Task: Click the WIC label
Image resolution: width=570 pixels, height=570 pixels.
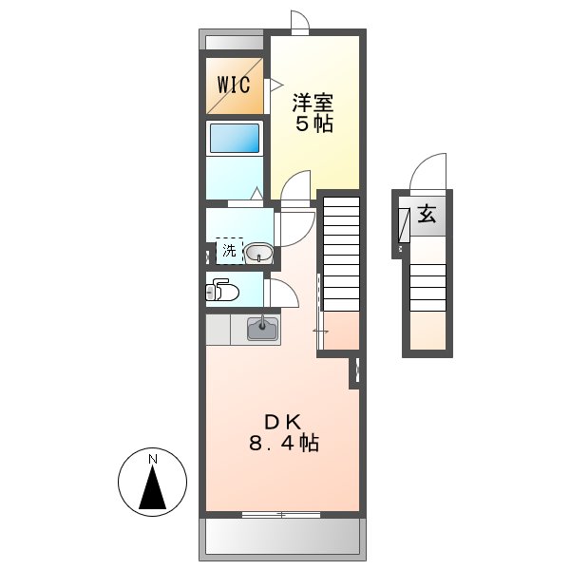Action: coord(234,85)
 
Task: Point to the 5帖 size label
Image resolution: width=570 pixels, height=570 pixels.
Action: coord(313,124)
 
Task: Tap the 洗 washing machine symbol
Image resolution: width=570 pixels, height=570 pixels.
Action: coord(229,251)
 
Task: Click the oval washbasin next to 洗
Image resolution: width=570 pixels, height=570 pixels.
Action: coord(258,253)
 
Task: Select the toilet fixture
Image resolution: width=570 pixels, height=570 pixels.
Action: coord(221,290)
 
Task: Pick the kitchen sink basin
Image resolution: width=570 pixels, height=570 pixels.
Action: coord(262,330)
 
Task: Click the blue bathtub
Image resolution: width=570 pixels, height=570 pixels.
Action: coord(234,139)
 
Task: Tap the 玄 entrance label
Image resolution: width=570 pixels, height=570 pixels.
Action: coord(427,216)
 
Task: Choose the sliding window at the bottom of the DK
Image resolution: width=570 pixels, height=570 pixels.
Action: coord(280,514)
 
